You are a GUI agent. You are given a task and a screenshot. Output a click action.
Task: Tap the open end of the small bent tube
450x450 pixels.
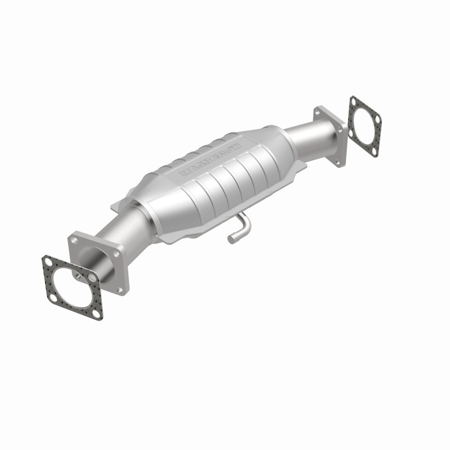point(231,240)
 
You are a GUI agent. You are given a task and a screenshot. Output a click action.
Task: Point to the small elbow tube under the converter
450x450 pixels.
point(239,228)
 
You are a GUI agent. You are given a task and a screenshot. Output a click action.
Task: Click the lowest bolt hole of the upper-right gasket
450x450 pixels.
point(373,151)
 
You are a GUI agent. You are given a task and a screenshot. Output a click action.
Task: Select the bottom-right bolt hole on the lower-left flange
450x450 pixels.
point(120,290)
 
